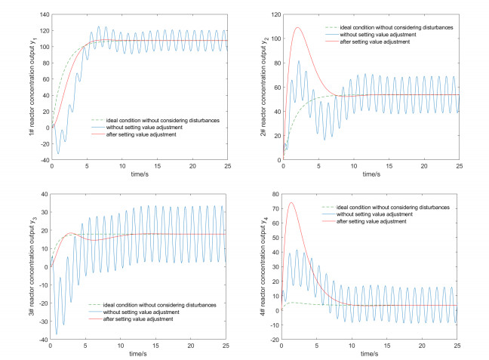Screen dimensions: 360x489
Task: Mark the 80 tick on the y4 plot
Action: click(275, 194)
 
